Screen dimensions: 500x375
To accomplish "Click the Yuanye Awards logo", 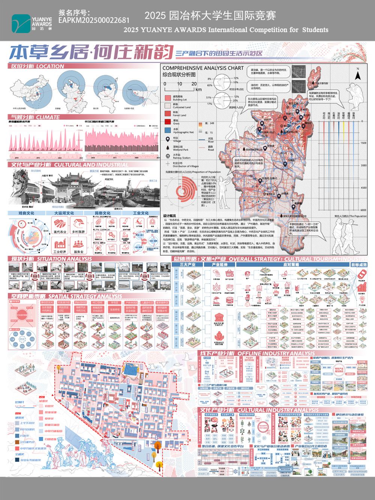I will pyautogui.click(x=31, y=22).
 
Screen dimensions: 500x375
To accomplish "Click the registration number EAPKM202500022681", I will pyautogui.click(x=94, y=20).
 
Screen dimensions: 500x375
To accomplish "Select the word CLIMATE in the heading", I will pyautogui.click(x=48, y=117).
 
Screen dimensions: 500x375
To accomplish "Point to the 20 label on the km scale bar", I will pyautogui.click(x=194, y=84).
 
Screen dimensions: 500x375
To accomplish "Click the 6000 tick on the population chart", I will pyautogui.click(x=363, y=210).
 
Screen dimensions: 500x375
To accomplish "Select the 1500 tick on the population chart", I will pyautogui.click(x=363, y=143).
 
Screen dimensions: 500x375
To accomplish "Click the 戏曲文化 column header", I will pyautogui.click(x=26, y=213).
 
